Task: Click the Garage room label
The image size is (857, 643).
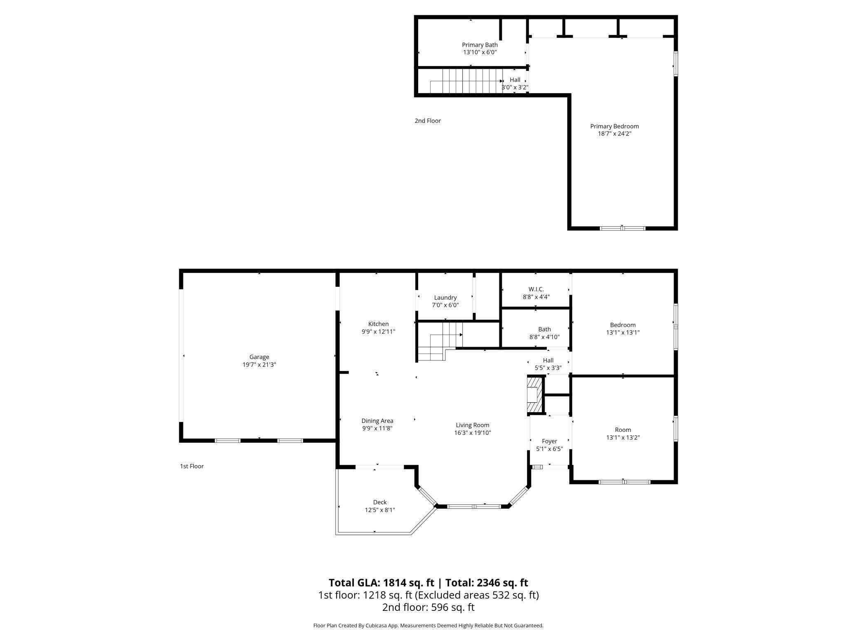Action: click(x=259, y=357)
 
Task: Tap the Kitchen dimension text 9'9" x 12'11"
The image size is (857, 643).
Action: click(x=378, y=331)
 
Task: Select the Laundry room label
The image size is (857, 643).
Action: click(x=445, y=298)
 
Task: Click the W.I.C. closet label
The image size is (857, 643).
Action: click(x=536, y=289)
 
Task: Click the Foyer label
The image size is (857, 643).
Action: click(x=549, y=441)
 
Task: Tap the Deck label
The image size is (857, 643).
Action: click(x=379, y=502)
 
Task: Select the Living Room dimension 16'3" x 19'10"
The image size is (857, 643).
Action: click(x=472, y=433)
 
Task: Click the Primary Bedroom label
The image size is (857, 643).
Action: click(x=614, y=126)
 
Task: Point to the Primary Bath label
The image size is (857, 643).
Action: click(x=480, y=45)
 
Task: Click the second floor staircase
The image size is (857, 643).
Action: click(x=466, y=81)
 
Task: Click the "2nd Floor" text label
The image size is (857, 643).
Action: click(x=427, y=121)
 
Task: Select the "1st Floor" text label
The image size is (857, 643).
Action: click(x=192, y=466)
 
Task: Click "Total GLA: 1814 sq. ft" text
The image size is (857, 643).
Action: click(x=381, y=582)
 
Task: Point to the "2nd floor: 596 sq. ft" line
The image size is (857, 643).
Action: click(x=428, y=607)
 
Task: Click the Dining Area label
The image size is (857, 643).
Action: click(x=377, y=421)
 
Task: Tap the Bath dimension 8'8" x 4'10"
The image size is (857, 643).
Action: click(x=544, y=337)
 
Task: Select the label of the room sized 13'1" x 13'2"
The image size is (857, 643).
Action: click(x=623, y=429)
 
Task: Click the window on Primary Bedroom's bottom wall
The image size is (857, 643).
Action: click(x=622, y=228)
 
